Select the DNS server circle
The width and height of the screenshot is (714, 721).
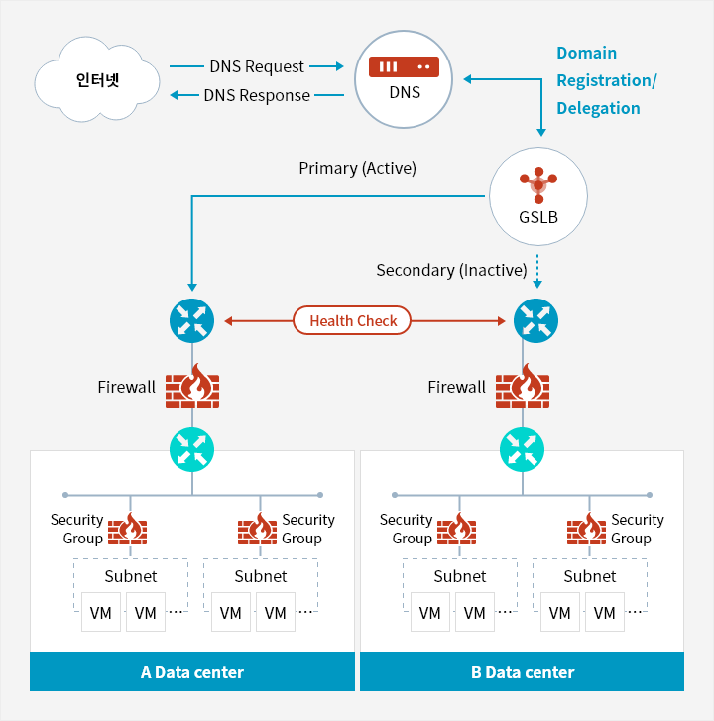click(x=405, y=78)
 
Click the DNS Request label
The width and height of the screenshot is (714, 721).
click(x=257, y=66)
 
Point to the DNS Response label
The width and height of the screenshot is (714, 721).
click(x=257, y=95)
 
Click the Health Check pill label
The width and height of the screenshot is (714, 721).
click(x=353, y=320)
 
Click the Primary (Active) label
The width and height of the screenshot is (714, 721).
click(x=357, y=168)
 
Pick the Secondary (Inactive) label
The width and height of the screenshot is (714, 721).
click(x=451, y=270)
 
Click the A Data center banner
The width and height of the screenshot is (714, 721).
click(x=192, y=671)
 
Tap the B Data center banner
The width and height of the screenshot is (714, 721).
click(x=522, y=671)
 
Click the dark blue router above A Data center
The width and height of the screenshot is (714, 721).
click(x=191, y=320)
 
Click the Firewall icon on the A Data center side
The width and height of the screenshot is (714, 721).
click(x=191, y=385)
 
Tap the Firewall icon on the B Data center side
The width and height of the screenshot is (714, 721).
click(x=522, y=385)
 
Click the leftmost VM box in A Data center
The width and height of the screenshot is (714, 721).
click(x=101, y=613)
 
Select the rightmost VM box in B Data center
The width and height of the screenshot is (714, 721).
click(x=605, y=613)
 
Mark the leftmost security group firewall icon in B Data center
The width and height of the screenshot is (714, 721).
click(x=457, y=529)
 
